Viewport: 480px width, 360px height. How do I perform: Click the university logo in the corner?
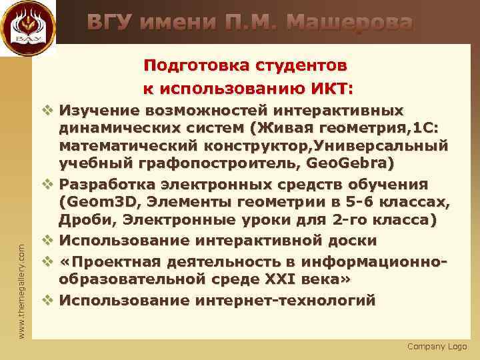pyautogui.click(x=27, y=28)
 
